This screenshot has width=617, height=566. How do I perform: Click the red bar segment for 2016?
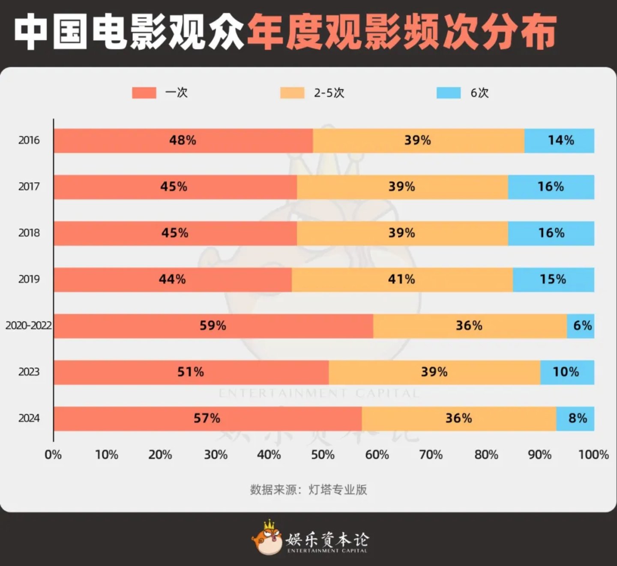click(x=183, y=141)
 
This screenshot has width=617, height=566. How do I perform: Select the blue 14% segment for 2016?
click(x=559, y=141)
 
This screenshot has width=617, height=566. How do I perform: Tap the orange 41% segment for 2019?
click(x=402, y=280)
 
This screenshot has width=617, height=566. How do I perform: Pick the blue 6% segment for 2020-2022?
click(x=581, y=326)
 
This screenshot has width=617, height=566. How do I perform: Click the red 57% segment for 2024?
click(x=207, y=418)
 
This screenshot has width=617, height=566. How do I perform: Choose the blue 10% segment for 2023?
click(x=567, y=372)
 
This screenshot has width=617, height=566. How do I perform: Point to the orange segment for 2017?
click(x=402, y=187)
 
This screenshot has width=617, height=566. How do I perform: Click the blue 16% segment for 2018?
click(x=551, y=233)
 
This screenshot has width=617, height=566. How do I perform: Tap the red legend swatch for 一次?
click(x=144, y=93)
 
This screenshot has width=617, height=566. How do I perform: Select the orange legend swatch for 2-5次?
click(x=292, y=93)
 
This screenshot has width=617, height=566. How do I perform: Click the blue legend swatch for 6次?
click(x=449, y=93)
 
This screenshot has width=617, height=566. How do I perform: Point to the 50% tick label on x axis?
click(x=323, y=455)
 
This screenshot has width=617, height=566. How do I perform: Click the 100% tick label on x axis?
click(x=593, y=455)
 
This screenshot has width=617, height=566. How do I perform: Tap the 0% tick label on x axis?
click(x=53, y=455)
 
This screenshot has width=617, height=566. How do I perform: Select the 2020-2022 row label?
click(x=28, y=326)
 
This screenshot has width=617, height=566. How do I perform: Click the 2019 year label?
click(x=29, y=280)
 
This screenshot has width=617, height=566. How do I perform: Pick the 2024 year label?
click(x=29, y=418)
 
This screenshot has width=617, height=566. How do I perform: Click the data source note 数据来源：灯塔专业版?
click(x=308, y=490)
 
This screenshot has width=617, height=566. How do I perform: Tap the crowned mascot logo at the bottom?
click(x=267, y=538)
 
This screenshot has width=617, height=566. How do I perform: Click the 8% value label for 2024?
click(x=578, y=418)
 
